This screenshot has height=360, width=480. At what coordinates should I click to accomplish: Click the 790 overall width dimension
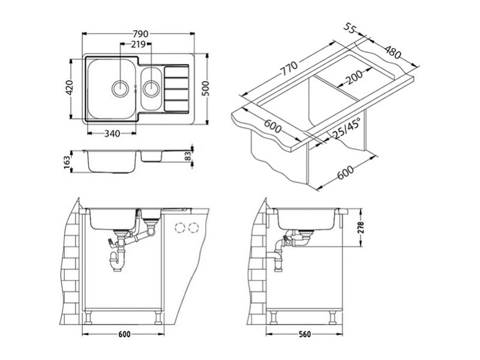[x=140, y=34]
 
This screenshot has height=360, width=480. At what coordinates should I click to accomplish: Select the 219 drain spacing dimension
[x=138, y=44]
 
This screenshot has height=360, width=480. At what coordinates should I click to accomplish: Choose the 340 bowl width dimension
[x=112, y=134]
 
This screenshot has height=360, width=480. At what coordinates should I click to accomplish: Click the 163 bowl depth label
[x=67, y=163]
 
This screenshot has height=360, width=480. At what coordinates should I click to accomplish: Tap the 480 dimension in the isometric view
[x=392, y=52]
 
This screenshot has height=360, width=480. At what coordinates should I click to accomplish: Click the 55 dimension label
[x=350, y=28]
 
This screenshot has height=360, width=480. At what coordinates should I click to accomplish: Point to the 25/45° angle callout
[x=346, y=129]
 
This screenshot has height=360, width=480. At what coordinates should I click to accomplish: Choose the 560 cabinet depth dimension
[x=304, y=334]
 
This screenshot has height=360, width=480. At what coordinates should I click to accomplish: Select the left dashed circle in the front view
[x=180, y=228]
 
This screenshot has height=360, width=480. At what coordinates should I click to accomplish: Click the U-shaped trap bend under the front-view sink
[x=117, y=264]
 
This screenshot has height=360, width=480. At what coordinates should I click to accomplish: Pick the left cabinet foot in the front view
[x=88, y=317]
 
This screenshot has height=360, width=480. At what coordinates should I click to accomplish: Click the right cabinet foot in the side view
[x=332, y=317]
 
